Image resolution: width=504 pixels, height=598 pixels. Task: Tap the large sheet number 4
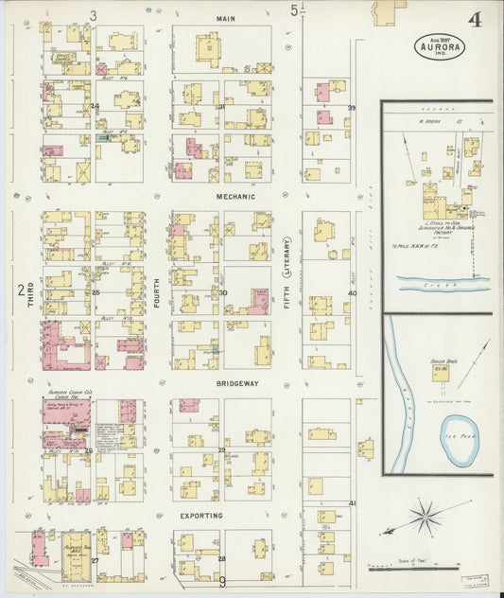[472, 20]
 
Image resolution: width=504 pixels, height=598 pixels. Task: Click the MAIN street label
[225, 18]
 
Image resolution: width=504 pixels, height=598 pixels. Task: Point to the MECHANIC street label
[235, 196]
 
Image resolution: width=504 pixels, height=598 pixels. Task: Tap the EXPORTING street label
[201, 516]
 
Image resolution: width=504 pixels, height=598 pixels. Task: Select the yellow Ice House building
[441, 373]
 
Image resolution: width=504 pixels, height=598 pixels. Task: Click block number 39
[351, 108]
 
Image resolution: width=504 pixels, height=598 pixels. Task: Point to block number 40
[352, 293]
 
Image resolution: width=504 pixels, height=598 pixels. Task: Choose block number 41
[352, 503]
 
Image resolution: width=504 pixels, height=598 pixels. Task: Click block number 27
[95, 560]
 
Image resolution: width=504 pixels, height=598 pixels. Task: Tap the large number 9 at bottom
[223, 582]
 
